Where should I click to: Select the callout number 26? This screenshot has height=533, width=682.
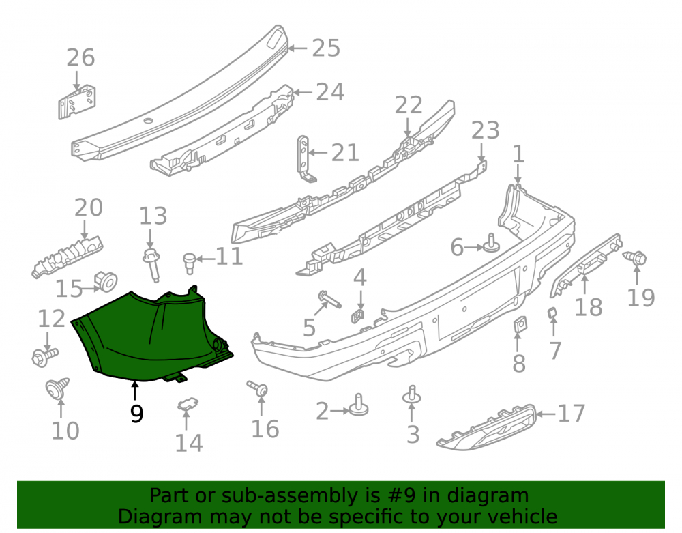[x=80, y=58]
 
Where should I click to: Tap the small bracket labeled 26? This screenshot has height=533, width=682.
[x=77, y=102]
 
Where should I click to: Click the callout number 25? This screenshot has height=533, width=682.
[x=326, y=48]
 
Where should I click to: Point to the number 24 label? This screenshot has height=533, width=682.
[x=330, y=92]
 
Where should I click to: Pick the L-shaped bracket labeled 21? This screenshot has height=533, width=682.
[x=306, y=159]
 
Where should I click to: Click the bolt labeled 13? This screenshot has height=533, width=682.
[x=152, y=263]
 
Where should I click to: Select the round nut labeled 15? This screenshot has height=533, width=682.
[x=106, y=281]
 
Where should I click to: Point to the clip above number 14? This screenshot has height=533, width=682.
[x=188, y=405]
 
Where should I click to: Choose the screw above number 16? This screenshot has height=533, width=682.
[x=258, y=388]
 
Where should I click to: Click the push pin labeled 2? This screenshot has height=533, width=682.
[x=359, y=405]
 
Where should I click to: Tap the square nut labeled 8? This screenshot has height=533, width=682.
[x=519, y=324]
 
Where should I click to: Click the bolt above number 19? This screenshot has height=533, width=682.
[x=635, y=258]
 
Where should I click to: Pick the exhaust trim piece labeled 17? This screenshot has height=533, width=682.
[x=486, y=428]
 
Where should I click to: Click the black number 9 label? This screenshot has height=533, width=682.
[x=136, y=414]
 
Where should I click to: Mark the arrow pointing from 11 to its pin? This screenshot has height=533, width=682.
[x=205, y=259]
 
